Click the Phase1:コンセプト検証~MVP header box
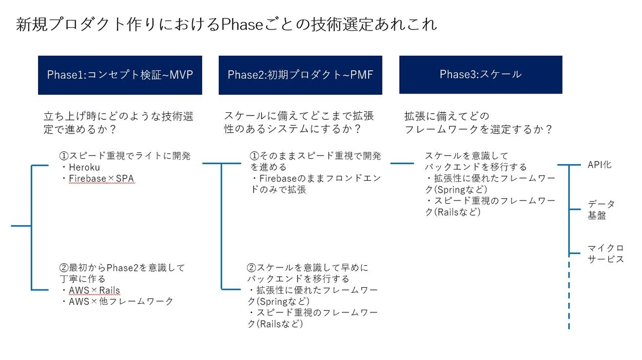[x=120, y=75]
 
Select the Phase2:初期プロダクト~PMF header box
[x=300, y=75]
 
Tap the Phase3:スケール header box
[x=480, y=74]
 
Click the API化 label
[x=600, y=165]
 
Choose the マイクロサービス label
[x=606, y=254]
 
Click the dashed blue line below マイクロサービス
[x=569, y=300]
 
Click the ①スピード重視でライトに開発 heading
[x=124, y=156]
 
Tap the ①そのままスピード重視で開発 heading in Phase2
[x=315, y=156]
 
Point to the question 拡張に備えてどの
[x=447, y=116]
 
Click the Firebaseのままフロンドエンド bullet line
[x=315, y=178]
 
